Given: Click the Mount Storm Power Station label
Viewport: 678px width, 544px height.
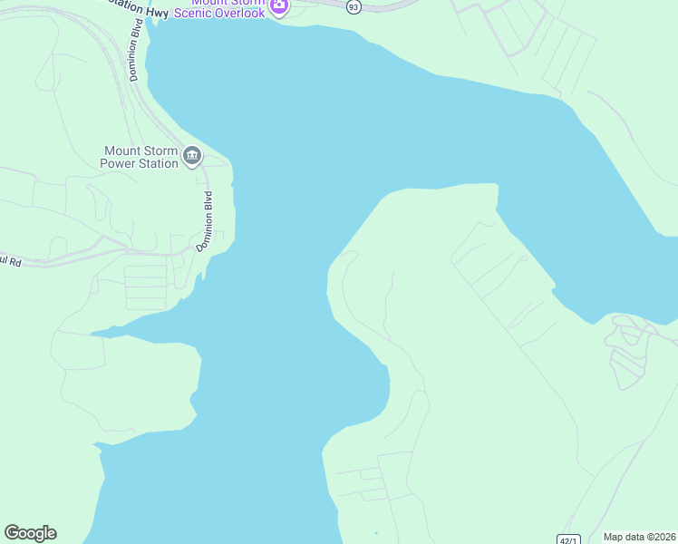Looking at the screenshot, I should pos(140,157).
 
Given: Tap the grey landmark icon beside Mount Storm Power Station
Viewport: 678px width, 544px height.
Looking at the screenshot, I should pos(192,157).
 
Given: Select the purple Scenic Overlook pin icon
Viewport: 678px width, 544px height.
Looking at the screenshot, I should pos(279,8).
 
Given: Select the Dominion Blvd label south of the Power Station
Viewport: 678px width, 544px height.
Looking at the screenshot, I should pos(207,221).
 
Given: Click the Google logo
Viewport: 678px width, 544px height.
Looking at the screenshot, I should pos(30,533).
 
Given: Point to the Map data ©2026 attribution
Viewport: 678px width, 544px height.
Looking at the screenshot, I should pos(639,537).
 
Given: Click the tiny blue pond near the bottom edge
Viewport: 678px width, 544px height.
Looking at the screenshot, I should pos(375,532).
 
